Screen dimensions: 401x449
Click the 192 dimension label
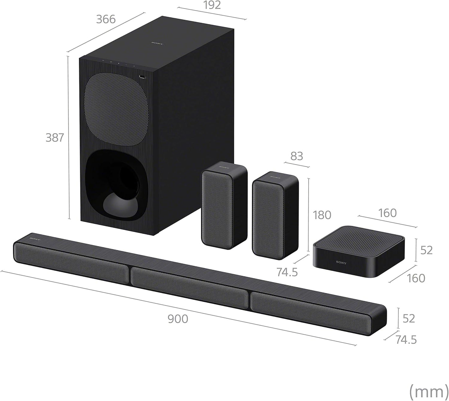[213, 5]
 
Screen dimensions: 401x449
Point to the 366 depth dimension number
[106, 19]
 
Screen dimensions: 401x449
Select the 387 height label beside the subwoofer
[55, 138]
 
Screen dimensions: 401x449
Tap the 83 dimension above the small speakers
[296, 156]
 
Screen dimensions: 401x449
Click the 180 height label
[322, 215]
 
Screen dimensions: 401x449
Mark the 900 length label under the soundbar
[178, 319]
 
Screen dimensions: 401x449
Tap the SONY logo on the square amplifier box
[341, 263]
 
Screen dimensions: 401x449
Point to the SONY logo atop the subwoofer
[157, 44]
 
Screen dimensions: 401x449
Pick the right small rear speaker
[275, 215]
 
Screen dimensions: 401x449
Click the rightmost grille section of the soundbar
[311, 311]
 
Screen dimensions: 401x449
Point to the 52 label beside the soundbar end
[409, 319]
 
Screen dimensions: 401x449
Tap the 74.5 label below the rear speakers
[287, 272]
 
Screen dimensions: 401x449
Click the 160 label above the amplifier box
[387, 213]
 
